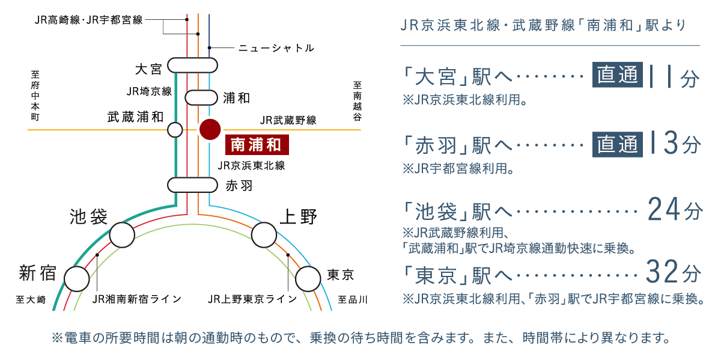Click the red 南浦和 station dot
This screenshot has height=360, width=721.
210,129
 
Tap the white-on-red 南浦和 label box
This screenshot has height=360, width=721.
257,145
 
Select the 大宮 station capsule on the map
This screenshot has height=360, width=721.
192,66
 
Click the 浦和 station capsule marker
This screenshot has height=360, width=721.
201,98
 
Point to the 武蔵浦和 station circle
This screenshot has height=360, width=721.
175,130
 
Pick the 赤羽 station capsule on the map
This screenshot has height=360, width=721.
192,185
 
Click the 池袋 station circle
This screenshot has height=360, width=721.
122,235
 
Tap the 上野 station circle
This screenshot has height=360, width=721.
264,235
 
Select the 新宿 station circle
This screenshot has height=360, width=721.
77,279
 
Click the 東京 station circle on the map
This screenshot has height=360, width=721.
308,279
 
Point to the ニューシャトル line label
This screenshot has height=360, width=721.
276,48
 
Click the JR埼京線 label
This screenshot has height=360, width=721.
149,91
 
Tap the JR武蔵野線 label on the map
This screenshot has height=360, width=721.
288,120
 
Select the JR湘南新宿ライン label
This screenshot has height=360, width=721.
137,299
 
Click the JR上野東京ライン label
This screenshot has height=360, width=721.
252,299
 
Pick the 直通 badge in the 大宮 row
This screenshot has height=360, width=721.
618,75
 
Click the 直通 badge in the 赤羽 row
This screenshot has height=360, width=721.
618,144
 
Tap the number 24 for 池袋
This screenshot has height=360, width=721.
663,210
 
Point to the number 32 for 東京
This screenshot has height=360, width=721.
662,272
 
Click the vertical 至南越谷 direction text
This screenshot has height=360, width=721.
357,101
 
